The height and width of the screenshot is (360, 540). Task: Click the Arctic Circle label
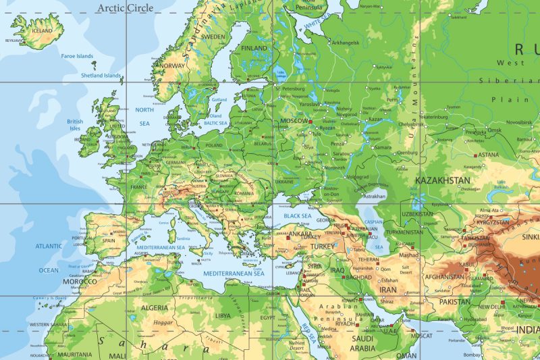(125, 8)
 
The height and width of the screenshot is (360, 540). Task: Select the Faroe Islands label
(77, 56)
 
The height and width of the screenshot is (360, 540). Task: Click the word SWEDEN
(213, 36)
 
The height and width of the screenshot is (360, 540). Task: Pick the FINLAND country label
(254, 49)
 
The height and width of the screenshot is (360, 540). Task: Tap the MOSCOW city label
(294, 120)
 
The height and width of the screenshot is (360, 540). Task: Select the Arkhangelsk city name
(346, 43)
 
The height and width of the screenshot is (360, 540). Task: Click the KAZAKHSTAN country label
(442, 180)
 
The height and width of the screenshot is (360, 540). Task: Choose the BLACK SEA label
(297, 215)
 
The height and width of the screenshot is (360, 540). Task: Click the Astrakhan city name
(373, 196)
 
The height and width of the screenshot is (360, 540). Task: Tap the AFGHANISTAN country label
(445, 276)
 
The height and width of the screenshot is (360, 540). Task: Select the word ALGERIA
(153, 307)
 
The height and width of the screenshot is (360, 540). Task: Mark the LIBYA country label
(222, 315)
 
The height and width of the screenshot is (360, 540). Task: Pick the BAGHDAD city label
(358, 277)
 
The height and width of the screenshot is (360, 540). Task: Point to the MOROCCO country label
(79, 281)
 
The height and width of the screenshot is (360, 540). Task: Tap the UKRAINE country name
(284, 181)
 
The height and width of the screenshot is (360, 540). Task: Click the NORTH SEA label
(144, 116)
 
